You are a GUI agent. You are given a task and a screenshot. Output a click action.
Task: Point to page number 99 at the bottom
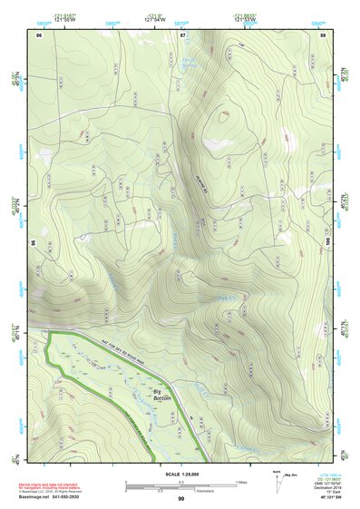tap(181, 499)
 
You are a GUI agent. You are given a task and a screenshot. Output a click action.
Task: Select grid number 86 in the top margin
tap(39, 34)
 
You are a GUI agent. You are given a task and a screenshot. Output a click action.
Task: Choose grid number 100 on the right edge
tap(329, 242)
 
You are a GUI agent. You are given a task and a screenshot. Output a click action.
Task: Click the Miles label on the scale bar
tap(240, 481)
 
